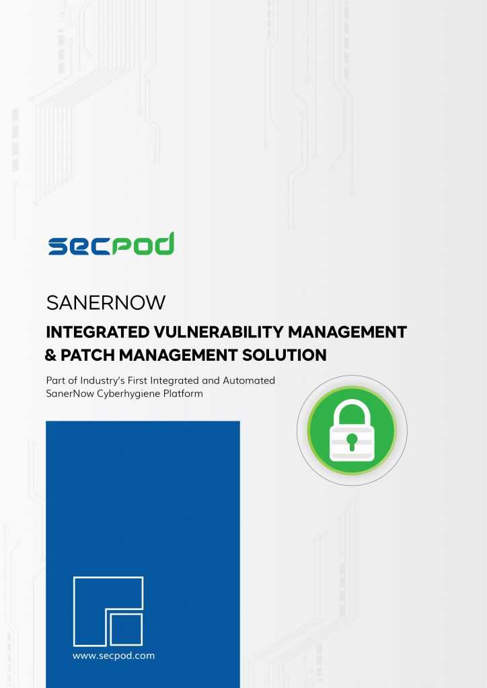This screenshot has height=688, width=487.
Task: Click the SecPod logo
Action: (x=111, y=244)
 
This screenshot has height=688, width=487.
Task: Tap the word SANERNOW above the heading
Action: (x=106, y=303)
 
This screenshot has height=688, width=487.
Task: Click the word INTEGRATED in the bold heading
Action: (x=98, y=332)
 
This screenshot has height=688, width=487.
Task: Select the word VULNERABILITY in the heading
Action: (x=219, y=332)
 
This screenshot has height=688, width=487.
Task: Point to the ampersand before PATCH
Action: (x=51, y=355)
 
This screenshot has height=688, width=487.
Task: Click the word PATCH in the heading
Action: (x=88, y=355)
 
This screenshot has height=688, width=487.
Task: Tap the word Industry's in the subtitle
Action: (x=102, y=381)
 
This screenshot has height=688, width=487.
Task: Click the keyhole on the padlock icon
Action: (x=352, y=441)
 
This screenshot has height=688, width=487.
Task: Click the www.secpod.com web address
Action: (x=114, y=656)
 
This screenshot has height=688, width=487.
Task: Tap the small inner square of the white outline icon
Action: (x=126, y=629)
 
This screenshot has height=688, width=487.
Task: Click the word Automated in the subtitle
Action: (x=249, y=380)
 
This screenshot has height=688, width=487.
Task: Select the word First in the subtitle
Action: (x=137, y=380)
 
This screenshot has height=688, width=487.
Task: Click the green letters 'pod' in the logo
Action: (x=143, y=244)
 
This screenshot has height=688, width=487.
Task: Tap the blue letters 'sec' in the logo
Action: (x=79, y=246)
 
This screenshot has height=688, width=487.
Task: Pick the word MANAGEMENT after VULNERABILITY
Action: (x=347, y=332)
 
